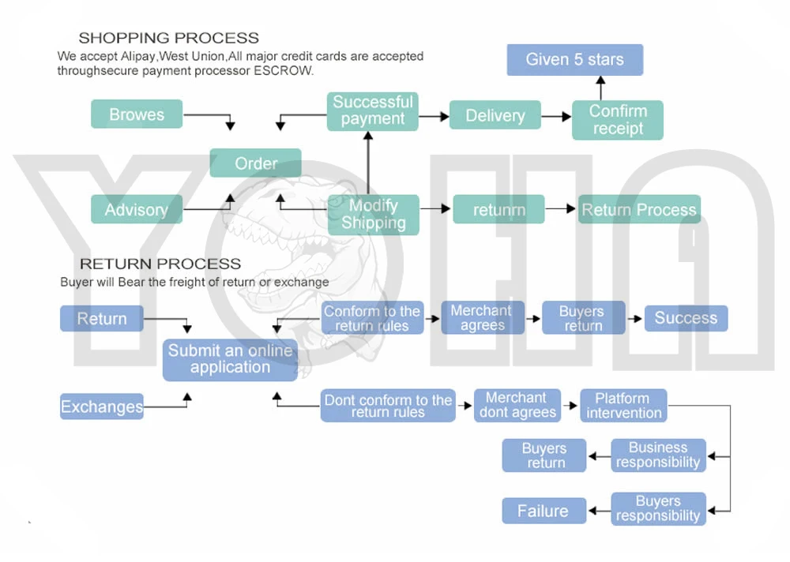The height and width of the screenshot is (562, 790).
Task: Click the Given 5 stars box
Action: point(575,59)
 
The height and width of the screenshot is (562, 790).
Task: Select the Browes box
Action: point(137,114)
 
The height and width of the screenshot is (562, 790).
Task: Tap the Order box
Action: point(255,163)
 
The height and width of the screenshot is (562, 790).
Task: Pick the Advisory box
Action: point(137,209)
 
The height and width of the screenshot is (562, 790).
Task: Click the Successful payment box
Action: point(372,111)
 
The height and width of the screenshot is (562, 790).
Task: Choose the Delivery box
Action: point(495,114)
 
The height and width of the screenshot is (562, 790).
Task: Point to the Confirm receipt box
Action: point(618,120)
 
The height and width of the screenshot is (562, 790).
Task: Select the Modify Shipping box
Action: point(374,215)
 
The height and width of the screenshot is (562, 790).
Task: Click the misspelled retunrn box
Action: point(498,209)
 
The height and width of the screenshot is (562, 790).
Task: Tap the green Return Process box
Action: point(639,209)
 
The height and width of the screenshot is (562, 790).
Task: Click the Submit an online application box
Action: point(230,360)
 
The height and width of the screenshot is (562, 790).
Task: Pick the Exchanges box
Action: point(102,406)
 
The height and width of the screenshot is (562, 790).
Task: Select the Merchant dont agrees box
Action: point(517,406)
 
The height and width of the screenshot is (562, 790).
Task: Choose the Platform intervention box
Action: point(624,406)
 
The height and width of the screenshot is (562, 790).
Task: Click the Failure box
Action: point(544,511)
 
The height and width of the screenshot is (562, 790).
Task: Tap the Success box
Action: point(687,318)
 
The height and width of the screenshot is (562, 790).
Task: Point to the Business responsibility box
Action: point(659,455)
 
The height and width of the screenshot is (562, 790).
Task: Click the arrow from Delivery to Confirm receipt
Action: point(556,116)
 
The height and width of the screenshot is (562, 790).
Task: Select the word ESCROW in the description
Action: point(283,70)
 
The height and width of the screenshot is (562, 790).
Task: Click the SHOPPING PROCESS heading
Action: point(169,38)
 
